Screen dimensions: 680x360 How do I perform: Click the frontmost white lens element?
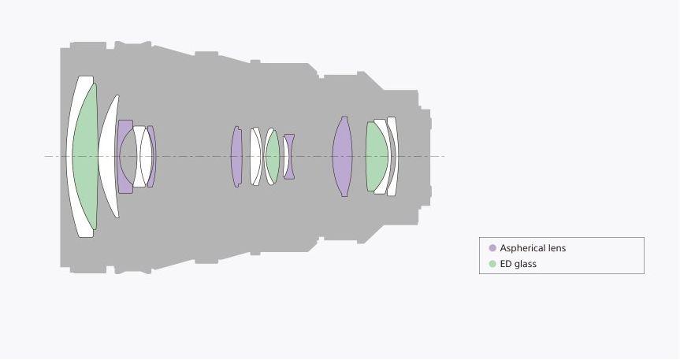(70, 156)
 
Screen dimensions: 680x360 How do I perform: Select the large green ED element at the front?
(85, 156)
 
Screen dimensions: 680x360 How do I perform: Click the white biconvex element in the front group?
(147, 156)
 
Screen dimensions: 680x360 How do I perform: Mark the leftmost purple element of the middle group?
(236, 156)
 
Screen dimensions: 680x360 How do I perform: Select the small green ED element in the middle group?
(273, 156)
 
